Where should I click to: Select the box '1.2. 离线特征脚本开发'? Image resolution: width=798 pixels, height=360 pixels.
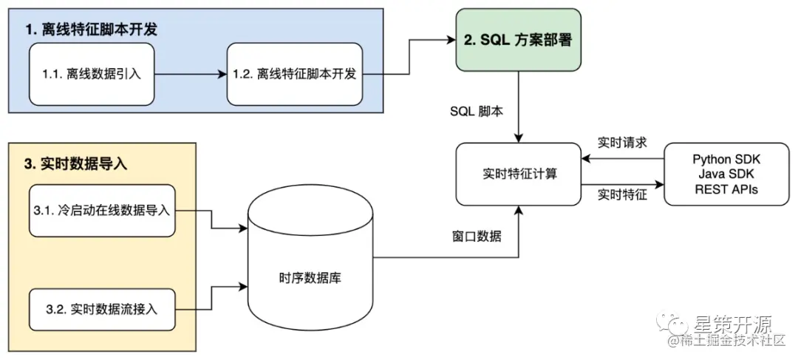(296, 74)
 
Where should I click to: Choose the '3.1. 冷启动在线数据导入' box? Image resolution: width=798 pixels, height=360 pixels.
(102, 210)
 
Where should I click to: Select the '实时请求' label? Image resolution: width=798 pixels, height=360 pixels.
(622, 143)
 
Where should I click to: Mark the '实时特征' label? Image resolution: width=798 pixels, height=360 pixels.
(622, 194)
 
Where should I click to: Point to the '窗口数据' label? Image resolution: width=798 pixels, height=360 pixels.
(477, 237)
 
